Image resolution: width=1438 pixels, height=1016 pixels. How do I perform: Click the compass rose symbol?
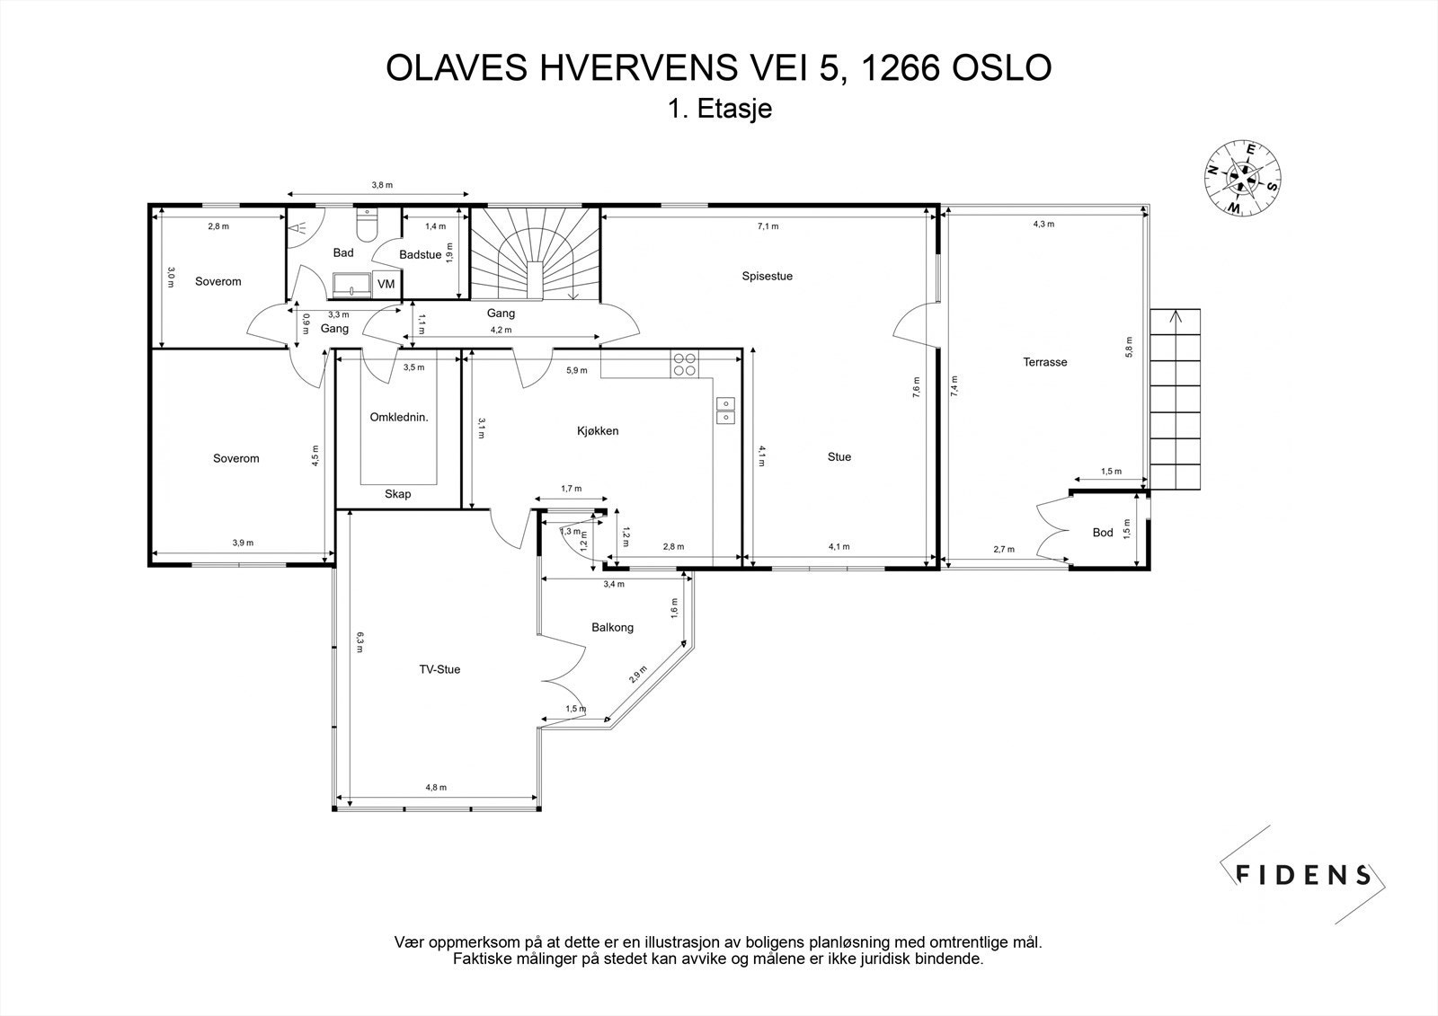(x=1242, y=178)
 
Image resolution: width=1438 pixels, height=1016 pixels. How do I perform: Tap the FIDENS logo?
(x=1302, y=874)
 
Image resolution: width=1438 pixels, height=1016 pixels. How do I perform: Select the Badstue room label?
(x=421, y=255)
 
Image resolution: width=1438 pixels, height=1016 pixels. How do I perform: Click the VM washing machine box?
(x=386, y=284)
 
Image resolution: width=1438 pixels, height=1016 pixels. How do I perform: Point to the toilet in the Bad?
(x=368, y=225)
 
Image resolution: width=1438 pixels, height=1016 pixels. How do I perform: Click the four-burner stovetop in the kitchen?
(x=684, y=364)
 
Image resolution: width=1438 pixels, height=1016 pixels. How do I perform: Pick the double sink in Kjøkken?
(x=725, y=411)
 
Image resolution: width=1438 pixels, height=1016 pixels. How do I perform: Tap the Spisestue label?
(x=768, y=276)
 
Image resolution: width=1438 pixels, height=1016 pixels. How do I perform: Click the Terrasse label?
(x=1045, y=362)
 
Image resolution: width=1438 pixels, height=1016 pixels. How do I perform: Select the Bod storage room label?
(x=1103, y=532)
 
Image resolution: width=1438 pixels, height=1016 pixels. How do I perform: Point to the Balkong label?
(x=612, y=627)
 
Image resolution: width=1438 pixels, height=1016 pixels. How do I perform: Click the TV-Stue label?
(x=439, y=669)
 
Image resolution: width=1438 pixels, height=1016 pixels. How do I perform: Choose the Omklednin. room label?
(x=399, y=417)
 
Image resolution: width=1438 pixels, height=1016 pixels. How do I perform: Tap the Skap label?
(x=397, y=493)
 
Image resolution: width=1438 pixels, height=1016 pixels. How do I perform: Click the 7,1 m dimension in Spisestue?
(x=768, y=225)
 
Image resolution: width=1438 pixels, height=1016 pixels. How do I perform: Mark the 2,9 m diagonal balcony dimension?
(x=638, y=675)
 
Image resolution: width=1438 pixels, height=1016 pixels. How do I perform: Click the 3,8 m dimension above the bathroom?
(x=382, y=185)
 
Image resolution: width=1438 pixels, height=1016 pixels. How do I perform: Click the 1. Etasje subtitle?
(x=720, y=109)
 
